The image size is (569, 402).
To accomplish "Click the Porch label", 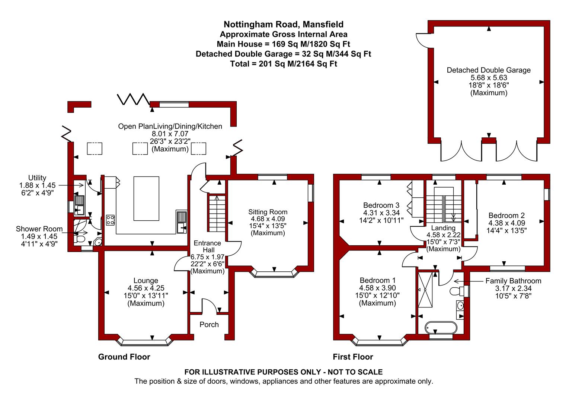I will click(209, 325).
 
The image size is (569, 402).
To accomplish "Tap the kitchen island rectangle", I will click(146, 198).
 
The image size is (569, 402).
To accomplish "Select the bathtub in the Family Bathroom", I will click(440, 328).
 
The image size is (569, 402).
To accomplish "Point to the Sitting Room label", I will click(268, 212).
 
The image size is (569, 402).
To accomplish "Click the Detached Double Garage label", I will click(489, 70).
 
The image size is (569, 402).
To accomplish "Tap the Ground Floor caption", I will click(124, 357).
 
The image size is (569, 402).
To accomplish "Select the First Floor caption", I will click(353, 357).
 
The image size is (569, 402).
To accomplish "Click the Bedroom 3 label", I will click(381, 205).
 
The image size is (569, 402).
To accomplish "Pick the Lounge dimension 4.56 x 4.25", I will click(146, 288).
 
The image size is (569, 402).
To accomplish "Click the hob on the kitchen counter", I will click(111, 220).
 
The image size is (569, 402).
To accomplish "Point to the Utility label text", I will click(37, 178).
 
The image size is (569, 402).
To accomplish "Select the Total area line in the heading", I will click(284, 64).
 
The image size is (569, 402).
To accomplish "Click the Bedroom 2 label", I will click(506, 215).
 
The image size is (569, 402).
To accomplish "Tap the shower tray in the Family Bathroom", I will click(425, 290).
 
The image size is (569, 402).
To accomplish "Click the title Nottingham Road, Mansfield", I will click(284, 25).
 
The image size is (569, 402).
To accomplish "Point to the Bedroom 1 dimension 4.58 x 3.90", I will click(377, 288).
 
